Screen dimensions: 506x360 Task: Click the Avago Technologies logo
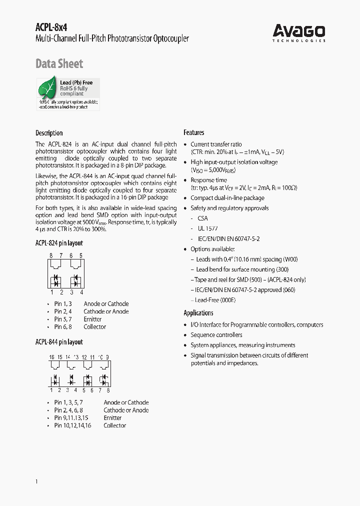click(299, 32)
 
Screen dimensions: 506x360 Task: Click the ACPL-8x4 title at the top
click(51, 28)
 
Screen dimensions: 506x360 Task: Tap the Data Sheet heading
click(59, 63)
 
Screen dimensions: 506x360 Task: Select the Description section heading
click(49, 133)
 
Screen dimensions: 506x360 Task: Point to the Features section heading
click(193, 132)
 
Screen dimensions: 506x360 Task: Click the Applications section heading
click(198, 313)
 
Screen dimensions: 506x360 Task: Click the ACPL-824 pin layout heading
click(59, 243)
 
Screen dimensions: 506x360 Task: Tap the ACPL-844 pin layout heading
click(59, 342)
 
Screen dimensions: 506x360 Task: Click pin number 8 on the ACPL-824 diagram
click(51, 255)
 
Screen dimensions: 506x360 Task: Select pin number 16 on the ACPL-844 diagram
click(51, 357)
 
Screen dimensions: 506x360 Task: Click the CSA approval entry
click(202, 218)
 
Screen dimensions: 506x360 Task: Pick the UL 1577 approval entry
click(207, 228)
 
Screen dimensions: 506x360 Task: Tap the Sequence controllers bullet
click(216, 335)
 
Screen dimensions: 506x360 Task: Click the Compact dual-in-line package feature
click(227, 198)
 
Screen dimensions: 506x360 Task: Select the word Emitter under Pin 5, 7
click(92, 319)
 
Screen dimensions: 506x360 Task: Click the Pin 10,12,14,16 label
click(72, 425)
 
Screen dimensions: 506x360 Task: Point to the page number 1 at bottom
click(37, 481)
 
